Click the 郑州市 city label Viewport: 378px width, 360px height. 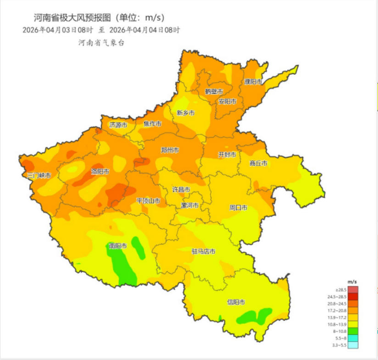click(x=170, y=150)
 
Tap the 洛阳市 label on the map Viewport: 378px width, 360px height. click(x=100, y=172)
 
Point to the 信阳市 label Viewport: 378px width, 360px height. click(x=236, y=302)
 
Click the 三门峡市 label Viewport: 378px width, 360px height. click(x=39, y=176)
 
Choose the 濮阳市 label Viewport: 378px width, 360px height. click(x=253, y=82)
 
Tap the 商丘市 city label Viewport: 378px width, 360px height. click(x=258, y=163)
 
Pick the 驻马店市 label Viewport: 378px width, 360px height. click(x=204, y=251)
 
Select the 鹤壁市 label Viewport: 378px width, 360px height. click(x=214, y=91)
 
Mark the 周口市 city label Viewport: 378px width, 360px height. click(x=238, y=208)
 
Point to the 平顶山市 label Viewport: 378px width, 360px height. click(x=148, y=201)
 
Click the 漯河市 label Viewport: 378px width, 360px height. click(x=189, y=205)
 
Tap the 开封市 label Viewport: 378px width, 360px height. click(x=227, y=155)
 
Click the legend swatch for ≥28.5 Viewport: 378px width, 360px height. click(x=352, y=289)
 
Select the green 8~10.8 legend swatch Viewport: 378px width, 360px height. click(x=352, y=331)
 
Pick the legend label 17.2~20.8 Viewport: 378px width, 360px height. click(x=337, y=310)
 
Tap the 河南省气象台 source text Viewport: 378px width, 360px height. click(x=101, y=43)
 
